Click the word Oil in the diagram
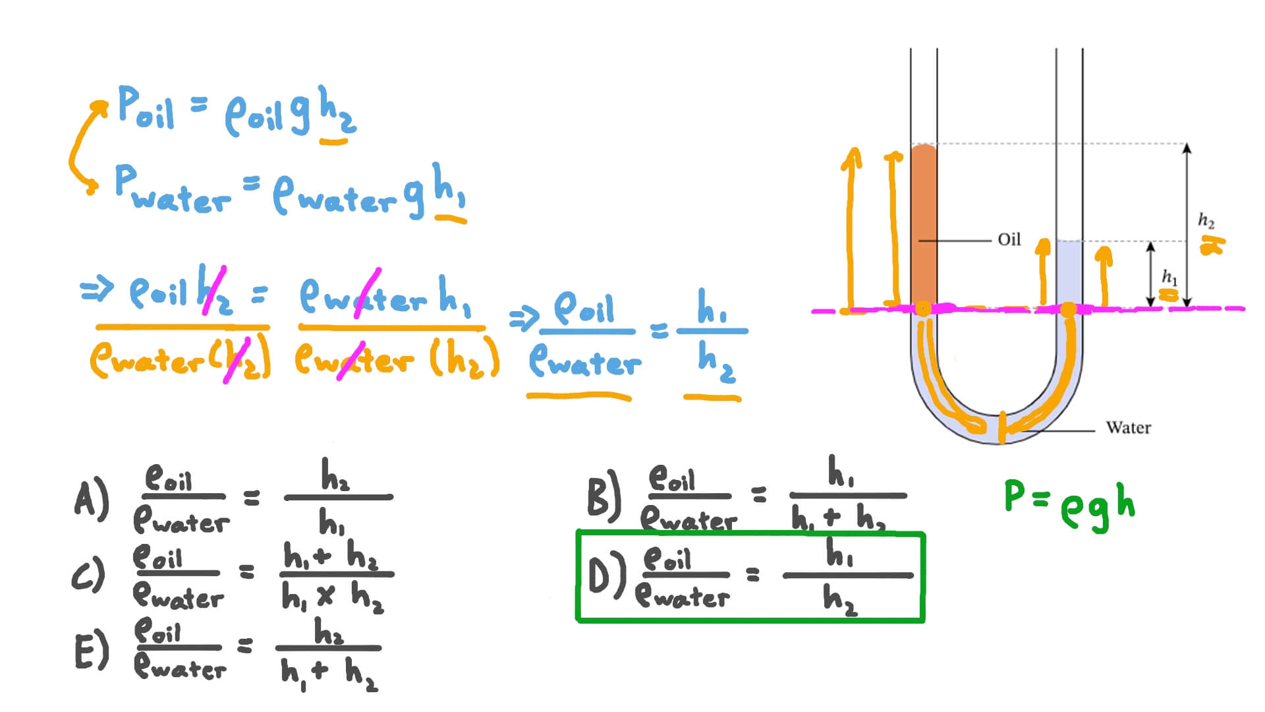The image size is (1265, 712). (1009, 239)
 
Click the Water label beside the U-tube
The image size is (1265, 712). (1128, 428)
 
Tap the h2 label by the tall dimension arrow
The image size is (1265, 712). (1206, 220)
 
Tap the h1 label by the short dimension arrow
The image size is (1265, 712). (1169, 276)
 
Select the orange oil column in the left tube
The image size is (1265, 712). (924, 224)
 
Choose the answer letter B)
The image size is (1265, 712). (603, 493)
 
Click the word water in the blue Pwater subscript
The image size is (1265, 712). (181, 200)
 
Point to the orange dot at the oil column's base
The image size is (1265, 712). (923, 308)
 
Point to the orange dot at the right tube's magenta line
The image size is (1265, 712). (1068, 309)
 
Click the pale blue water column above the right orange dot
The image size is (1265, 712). (1069, 270)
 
